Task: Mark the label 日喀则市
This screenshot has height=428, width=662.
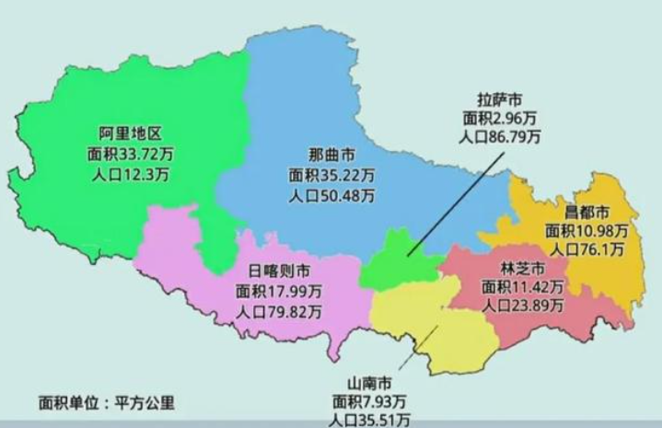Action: tap(278, 272)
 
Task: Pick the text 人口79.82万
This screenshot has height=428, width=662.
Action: tap(278, 312)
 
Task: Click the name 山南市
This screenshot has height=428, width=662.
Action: tap(370, 382)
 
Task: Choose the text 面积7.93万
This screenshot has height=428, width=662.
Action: tap(370, 401)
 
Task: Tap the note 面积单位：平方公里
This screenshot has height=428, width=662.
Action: tap(106, 402)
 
